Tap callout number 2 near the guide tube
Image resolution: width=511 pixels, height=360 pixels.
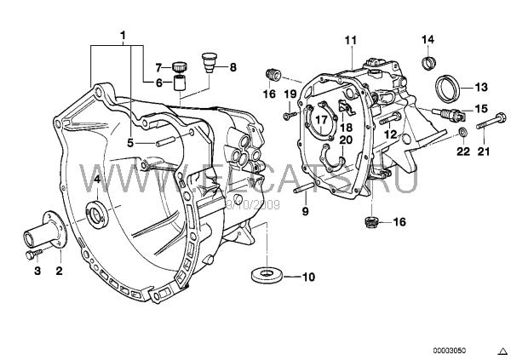tap(60, 271)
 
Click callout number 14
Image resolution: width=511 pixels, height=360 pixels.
tap(428, 39)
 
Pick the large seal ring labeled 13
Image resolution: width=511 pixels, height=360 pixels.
tap(446, 87)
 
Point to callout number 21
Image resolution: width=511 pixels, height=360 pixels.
tap(485, 152)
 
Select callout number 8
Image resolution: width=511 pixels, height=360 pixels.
tap(233, 66)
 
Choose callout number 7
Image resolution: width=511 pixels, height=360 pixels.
tap(158, 66)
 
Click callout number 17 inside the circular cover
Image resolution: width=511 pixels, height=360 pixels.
tap(321, 121)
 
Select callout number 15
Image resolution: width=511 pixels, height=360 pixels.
tap(481, 109)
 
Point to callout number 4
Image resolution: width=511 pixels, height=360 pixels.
tap(96, 180)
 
